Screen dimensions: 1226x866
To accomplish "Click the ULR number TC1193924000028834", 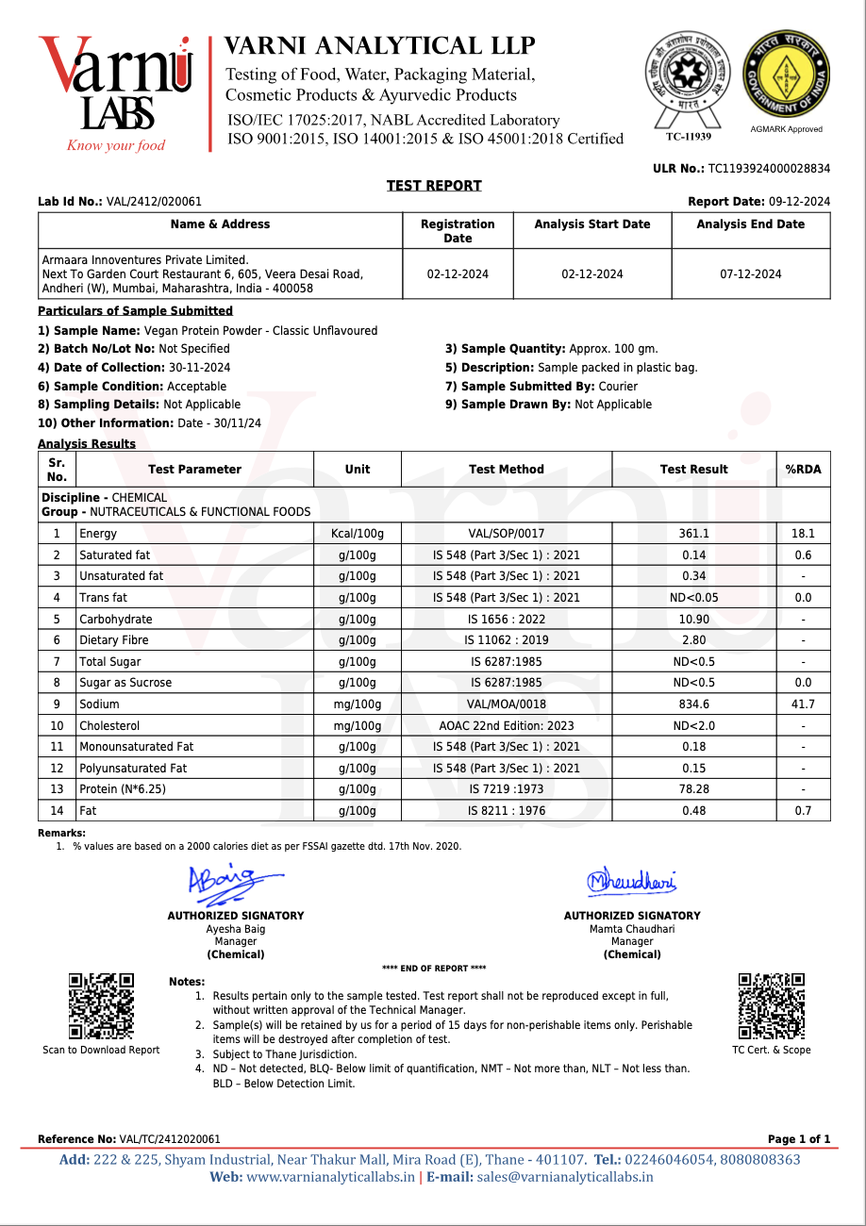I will pos(769,169).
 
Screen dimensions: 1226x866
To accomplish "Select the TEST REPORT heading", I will pos(434,186).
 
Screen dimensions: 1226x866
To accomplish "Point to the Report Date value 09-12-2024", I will pos(799,202).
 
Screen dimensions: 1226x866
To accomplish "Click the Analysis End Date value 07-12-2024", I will pos(750,274).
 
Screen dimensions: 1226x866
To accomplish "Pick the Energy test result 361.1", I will pos(693,534).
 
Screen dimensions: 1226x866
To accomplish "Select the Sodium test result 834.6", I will pos(693,704).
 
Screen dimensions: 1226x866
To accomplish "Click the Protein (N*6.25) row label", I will pos(123,789).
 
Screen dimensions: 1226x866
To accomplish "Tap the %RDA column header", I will pos(803,470).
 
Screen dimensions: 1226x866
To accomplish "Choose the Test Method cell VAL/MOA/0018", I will pos(506,704).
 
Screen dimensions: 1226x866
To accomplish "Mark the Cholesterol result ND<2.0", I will pos(693,726).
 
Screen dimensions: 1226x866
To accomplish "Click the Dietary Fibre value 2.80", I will pos(693,640).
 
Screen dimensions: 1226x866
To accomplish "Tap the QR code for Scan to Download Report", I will pos(101,1006).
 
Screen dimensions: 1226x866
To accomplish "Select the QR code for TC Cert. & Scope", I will pos(771,1006).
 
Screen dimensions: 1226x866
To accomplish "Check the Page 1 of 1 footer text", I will pos(798,1139).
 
